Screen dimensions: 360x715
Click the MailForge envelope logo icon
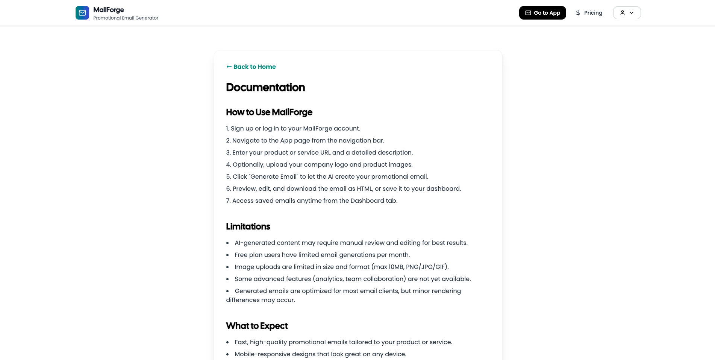pos(82,13)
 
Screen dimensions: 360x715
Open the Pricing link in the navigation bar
pos(593,13)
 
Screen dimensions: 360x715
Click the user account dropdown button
pos(627,13)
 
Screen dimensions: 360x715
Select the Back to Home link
pos(251,67)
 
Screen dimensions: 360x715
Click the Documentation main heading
pos(265,87)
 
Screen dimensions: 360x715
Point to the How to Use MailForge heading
pos(269,112)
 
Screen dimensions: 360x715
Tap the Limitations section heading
pos(248,226)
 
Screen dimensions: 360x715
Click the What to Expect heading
pos(257,326)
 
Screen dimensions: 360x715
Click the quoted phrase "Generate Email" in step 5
pos(274,176)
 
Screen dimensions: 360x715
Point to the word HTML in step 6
pos(364,188)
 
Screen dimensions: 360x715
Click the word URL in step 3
pos(325,152)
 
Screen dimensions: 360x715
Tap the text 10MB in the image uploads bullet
pos(396,267)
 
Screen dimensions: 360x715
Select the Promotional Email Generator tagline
pos(126,18)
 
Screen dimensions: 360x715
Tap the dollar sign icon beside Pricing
pos(578,13)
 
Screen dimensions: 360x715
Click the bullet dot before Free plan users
pos(227,255)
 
